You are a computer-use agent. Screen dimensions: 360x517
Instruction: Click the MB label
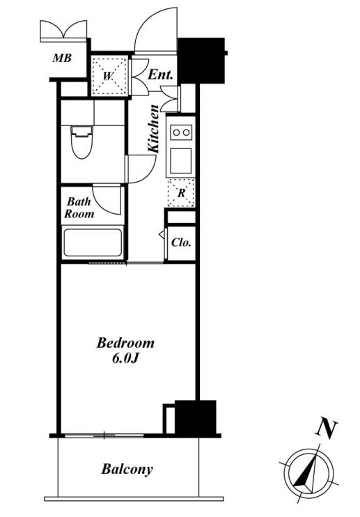[62, 59]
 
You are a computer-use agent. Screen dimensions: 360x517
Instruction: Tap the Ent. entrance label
[160, 75]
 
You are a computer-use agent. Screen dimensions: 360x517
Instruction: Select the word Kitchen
[153, 129]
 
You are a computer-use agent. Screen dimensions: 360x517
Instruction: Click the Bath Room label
[79, 208]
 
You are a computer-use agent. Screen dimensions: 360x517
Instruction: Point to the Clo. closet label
[181, 242]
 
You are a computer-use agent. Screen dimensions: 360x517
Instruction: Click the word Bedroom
[125, 343]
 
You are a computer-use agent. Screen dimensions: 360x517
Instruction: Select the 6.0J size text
[125, 358]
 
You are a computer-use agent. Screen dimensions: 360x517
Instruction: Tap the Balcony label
[127, 469]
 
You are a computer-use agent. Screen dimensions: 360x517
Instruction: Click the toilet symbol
[81, 142]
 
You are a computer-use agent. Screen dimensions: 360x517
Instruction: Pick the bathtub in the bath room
[93, 242]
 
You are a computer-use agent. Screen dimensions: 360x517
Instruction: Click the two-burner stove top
[181, 132]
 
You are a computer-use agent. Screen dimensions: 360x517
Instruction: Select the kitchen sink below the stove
[181, 160]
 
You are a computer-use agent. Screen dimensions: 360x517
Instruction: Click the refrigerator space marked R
[181, 193]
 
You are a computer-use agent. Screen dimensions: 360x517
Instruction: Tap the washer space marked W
[109, 77]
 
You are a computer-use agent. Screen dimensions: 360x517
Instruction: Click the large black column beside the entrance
[201, 61]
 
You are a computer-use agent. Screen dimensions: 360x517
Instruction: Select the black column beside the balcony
[195, 417]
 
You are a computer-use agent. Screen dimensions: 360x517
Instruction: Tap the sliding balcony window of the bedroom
[104, 435]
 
